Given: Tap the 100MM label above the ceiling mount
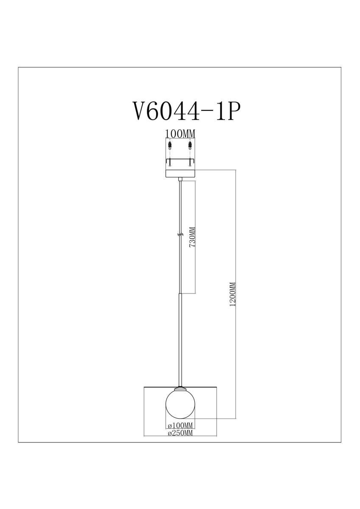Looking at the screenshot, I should [x=180, y=133].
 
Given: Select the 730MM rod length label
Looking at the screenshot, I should [x=191, y=238].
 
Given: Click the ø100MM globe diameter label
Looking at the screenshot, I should [x=180, y=425].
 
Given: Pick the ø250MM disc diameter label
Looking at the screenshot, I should [x=180, y=433].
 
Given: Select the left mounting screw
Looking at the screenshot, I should [x=170, y=162].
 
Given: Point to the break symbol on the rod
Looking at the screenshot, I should [x=180, y=235].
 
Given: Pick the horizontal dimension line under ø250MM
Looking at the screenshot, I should [x=180, y=436].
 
